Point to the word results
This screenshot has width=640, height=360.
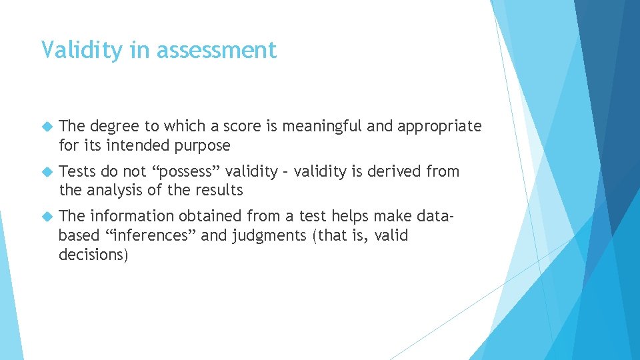217,190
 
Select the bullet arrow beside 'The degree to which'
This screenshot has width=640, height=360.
46,126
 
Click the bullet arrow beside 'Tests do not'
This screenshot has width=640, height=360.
46,171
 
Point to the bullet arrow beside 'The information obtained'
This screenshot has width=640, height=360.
46,216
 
